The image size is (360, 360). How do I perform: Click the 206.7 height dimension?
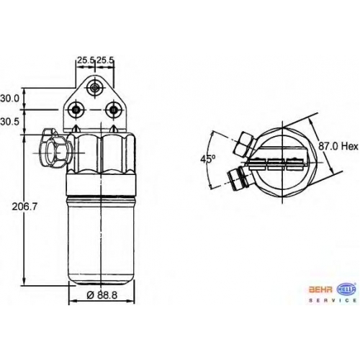[x=24, y=207]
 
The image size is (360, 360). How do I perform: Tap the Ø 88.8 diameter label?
[x=102, y=294]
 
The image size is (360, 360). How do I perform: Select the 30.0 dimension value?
[x=9, y=99]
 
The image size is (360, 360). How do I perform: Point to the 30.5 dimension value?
[x=9, y=122]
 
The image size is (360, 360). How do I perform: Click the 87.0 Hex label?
[x=338, y=146]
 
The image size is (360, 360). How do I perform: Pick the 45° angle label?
[x=208, y=158]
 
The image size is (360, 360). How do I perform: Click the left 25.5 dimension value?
[x=86, y=60]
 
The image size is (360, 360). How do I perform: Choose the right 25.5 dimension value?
[x=105, y=60]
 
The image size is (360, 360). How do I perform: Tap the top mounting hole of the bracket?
[x=95, y=88]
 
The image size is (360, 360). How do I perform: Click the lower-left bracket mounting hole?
[x=76, y=110]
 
